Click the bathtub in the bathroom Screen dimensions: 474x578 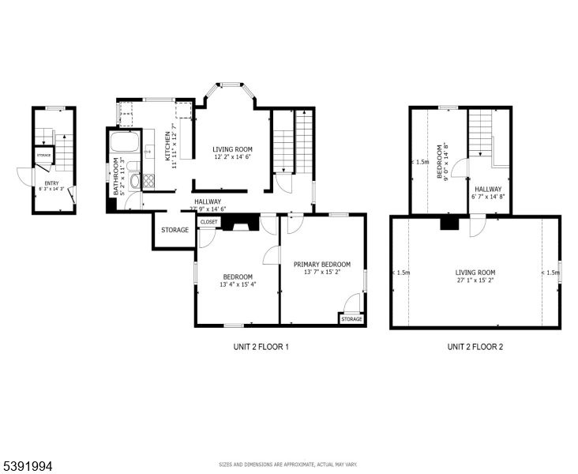tap(123, 144)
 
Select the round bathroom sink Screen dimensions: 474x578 tap(133, 182)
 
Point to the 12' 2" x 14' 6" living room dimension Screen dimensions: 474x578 tap(232, 157)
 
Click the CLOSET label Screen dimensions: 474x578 tap(208, 222)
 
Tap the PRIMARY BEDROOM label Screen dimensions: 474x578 tap(321, 265)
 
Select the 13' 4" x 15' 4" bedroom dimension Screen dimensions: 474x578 tap(237, 284)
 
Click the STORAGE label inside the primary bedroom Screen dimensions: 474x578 tap(352, 319)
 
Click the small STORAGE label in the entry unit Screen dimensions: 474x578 tap(43, 155)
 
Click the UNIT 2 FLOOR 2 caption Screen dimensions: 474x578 tap(475, 346)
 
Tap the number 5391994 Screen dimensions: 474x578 tap(28, 466)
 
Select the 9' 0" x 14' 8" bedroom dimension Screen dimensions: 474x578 tap(447, 162)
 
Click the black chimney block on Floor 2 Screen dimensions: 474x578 tap(449, 224)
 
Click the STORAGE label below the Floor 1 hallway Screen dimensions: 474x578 tap(175, 230)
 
